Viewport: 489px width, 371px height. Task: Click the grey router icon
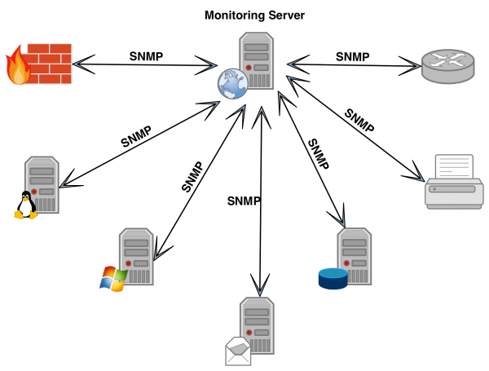click(x=447, y=63)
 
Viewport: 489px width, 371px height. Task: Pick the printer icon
click(x=455, y=183)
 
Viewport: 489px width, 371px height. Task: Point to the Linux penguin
click(x=26, y=205)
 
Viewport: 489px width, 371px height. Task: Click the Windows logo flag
click(x=112, y=278)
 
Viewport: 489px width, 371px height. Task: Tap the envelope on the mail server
click(x=238, y=351)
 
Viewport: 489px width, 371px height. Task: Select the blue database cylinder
click(x=333, y=278)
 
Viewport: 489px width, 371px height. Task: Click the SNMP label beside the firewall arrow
click(x=147, y=56)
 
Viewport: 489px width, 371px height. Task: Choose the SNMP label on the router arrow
click(x=352, y=56)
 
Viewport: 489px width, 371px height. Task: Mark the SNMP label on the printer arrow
click(x=359, y=120)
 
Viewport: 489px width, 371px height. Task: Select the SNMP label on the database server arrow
click(x=318, y=153)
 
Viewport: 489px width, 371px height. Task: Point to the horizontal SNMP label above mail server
click(x=244, y=201)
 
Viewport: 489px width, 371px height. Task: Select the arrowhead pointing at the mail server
click(x=260, y=289)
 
